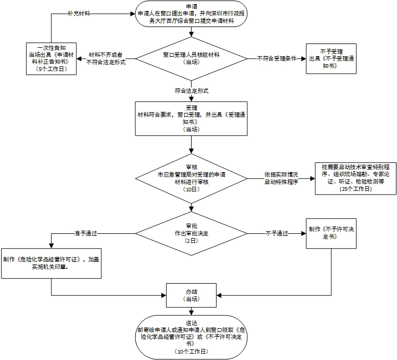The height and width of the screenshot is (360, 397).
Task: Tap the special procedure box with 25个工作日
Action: [355, 178]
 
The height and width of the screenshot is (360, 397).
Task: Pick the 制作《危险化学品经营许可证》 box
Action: [51, 263]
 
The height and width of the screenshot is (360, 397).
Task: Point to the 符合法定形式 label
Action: [191, 91]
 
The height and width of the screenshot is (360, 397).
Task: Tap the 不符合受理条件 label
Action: [276, 58]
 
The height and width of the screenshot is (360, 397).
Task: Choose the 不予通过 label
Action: [277, 233]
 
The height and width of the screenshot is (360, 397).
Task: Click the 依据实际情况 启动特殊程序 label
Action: [281, 178]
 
